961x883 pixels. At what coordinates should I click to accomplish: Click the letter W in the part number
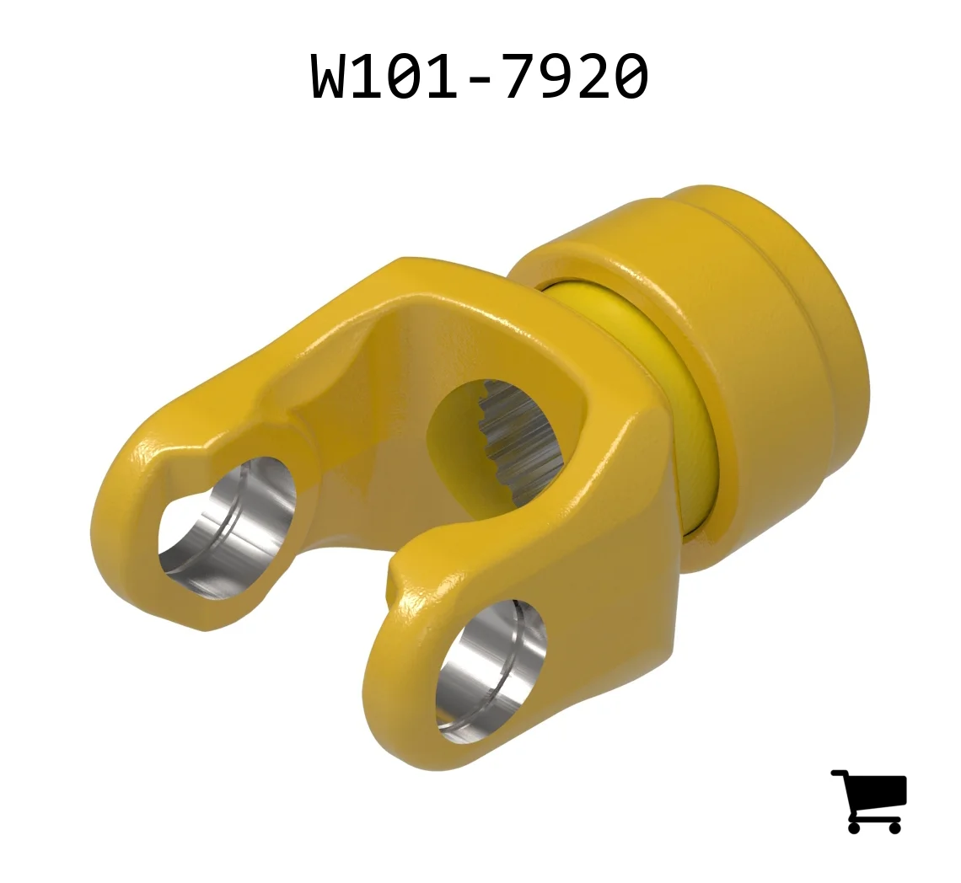pos(331,76)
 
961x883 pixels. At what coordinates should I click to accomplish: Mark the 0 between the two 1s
pos(407,76)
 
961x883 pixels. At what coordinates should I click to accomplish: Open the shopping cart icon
pos(869,801)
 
